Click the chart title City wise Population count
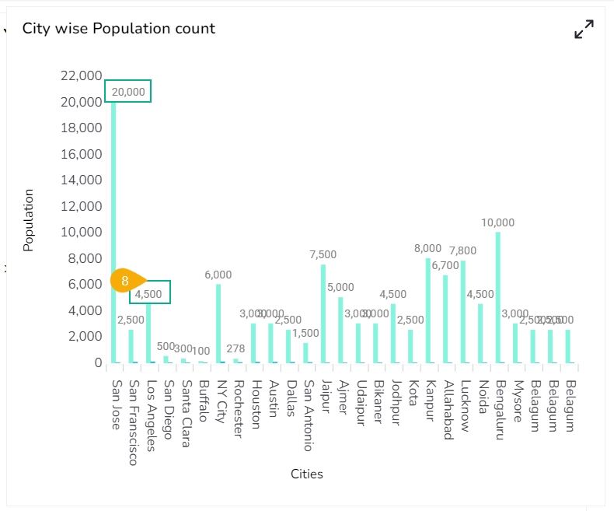[119, 29]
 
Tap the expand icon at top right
[584, 30]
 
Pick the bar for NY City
[218, 323]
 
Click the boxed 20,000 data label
[128, 91]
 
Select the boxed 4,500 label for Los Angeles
[150, 292]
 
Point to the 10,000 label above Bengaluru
[497, 222]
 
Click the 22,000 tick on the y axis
[80, 75]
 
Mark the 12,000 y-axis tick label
[80, 206]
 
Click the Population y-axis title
[29, 220]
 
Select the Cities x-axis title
[307, 474]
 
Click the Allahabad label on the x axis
[448, 410]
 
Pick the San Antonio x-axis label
[309, 415]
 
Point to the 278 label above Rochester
[235, 348]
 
